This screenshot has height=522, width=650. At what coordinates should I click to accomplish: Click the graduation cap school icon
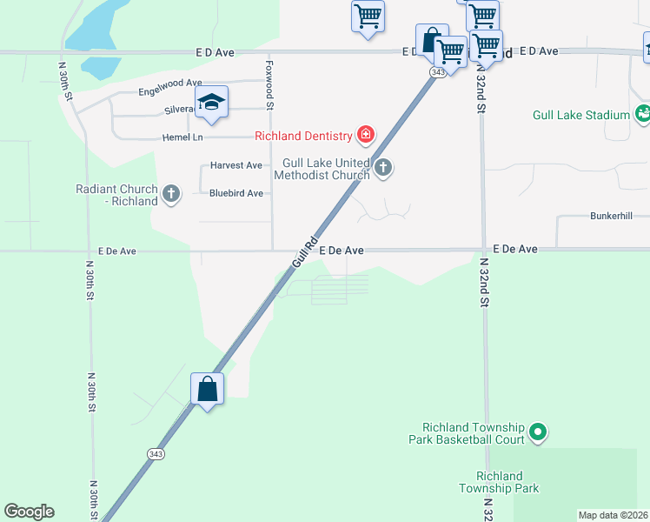[x=211, y=103]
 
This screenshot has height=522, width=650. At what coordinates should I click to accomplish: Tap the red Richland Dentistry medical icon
[x=366, y=134]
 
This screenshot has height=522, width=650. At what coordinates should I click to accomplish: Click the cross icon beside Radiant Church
[x=171, y=194]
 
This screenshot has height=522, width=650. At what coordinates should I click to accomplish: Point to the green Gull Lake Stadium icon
[x=642, y=113]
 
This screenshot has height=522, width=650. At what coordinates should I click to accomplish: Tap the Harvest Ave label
[x=235, y=165]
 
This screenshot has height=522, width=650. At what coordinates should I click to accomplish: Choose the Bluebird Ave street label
[x=235, y=193]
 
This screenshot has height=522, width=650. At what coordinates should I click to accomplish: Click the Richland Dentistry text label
[x=302, y=135]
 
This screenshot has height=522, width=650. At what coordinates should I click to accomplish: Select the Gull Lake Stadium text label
[x=580, y=115]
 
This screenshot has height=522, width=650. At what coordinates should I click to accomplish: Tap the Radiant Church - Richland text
[x=116, y=195]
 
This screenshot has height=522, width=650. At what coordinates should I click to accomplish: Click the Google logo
[x=29, y=512]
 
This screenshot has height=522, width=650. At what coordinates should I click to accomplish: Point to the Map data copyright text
[x=613, y=515]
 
